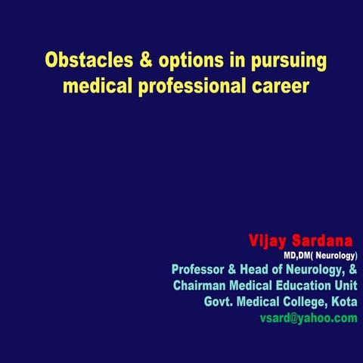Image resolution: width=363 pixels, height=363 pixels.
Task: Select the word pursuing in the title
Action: pos(282,60)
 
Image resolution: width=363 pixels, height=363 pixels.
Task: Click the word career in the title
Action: pos(279,85)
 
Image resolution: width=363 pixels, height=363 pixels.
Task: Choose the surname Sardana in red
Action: pos(322,241)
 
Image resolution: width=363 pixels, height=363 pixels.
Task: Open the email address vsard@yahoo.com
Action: pos(308,318)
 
